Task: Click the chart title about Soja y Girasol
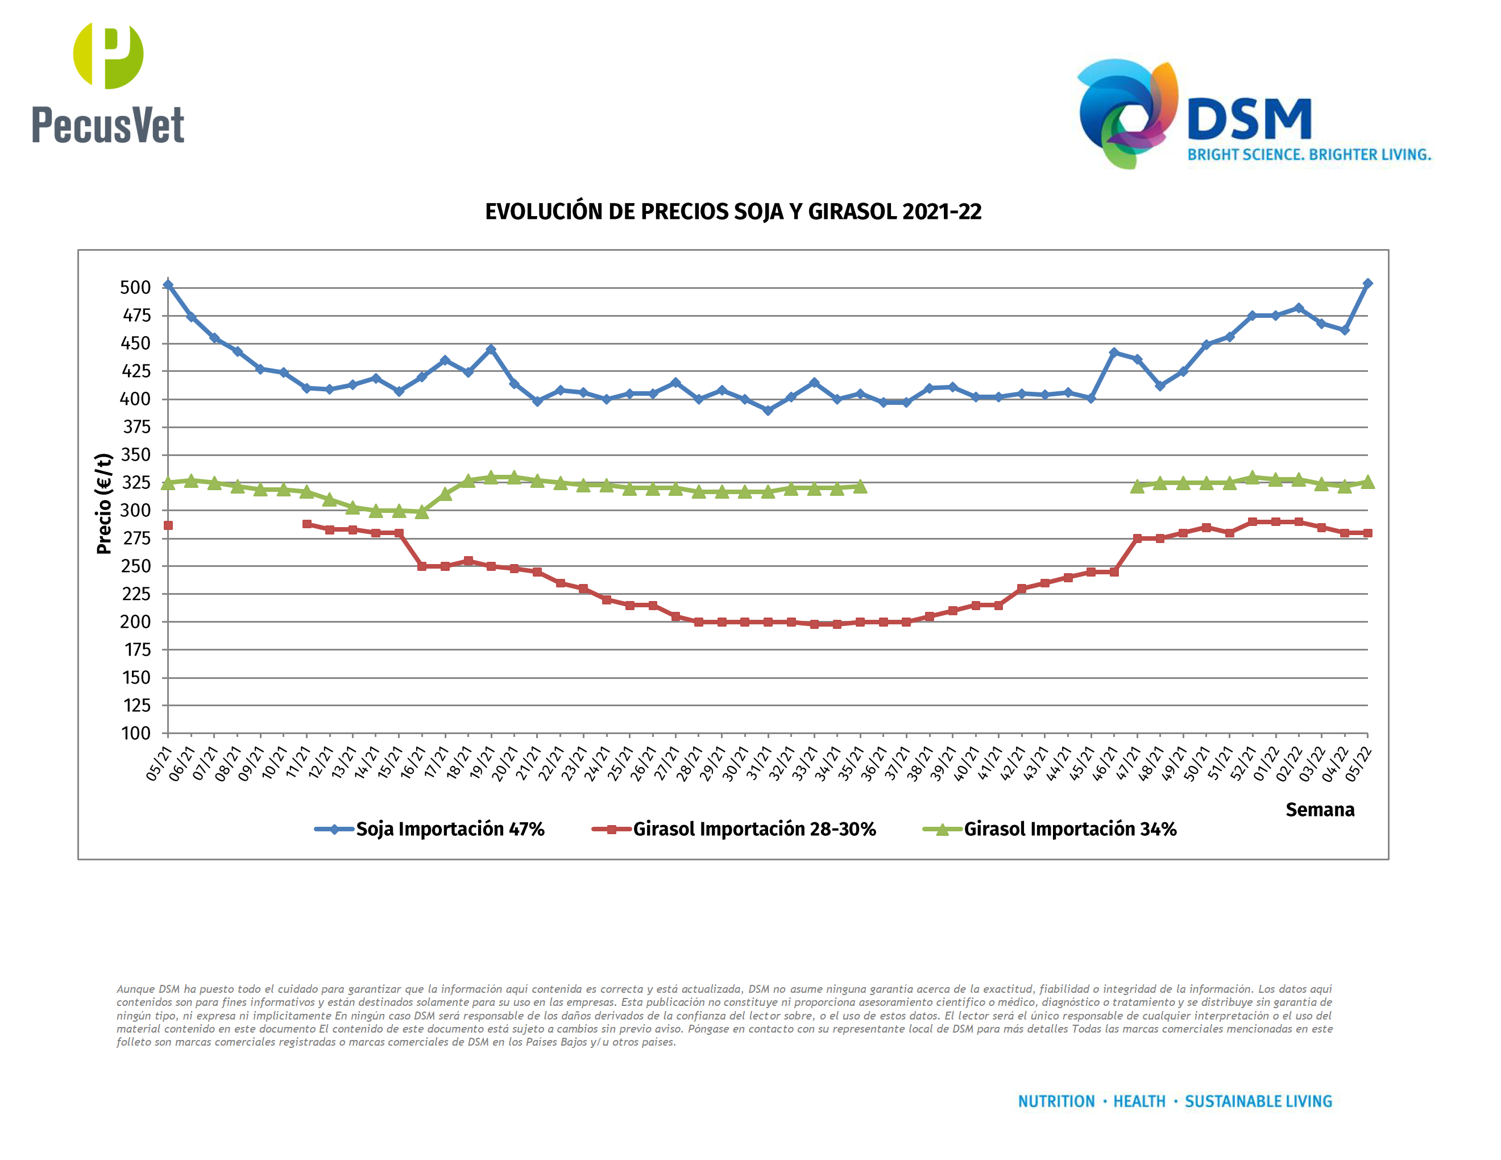733,212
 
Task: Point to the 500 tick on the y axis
135,287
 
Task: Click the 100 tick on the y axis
135,734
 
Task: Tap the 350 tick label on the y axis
135,455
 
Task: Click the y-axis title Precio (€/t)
104,504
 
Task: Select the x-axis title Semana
1320,810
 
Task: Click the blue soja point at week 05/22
1367,283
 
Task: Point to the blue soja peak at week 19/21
491,349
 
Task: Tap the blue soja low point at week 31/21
768,410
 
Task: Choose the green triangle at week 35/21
860,487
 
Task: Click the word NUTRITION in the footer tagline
1056,1101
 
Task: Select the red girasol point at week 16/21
422,566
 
